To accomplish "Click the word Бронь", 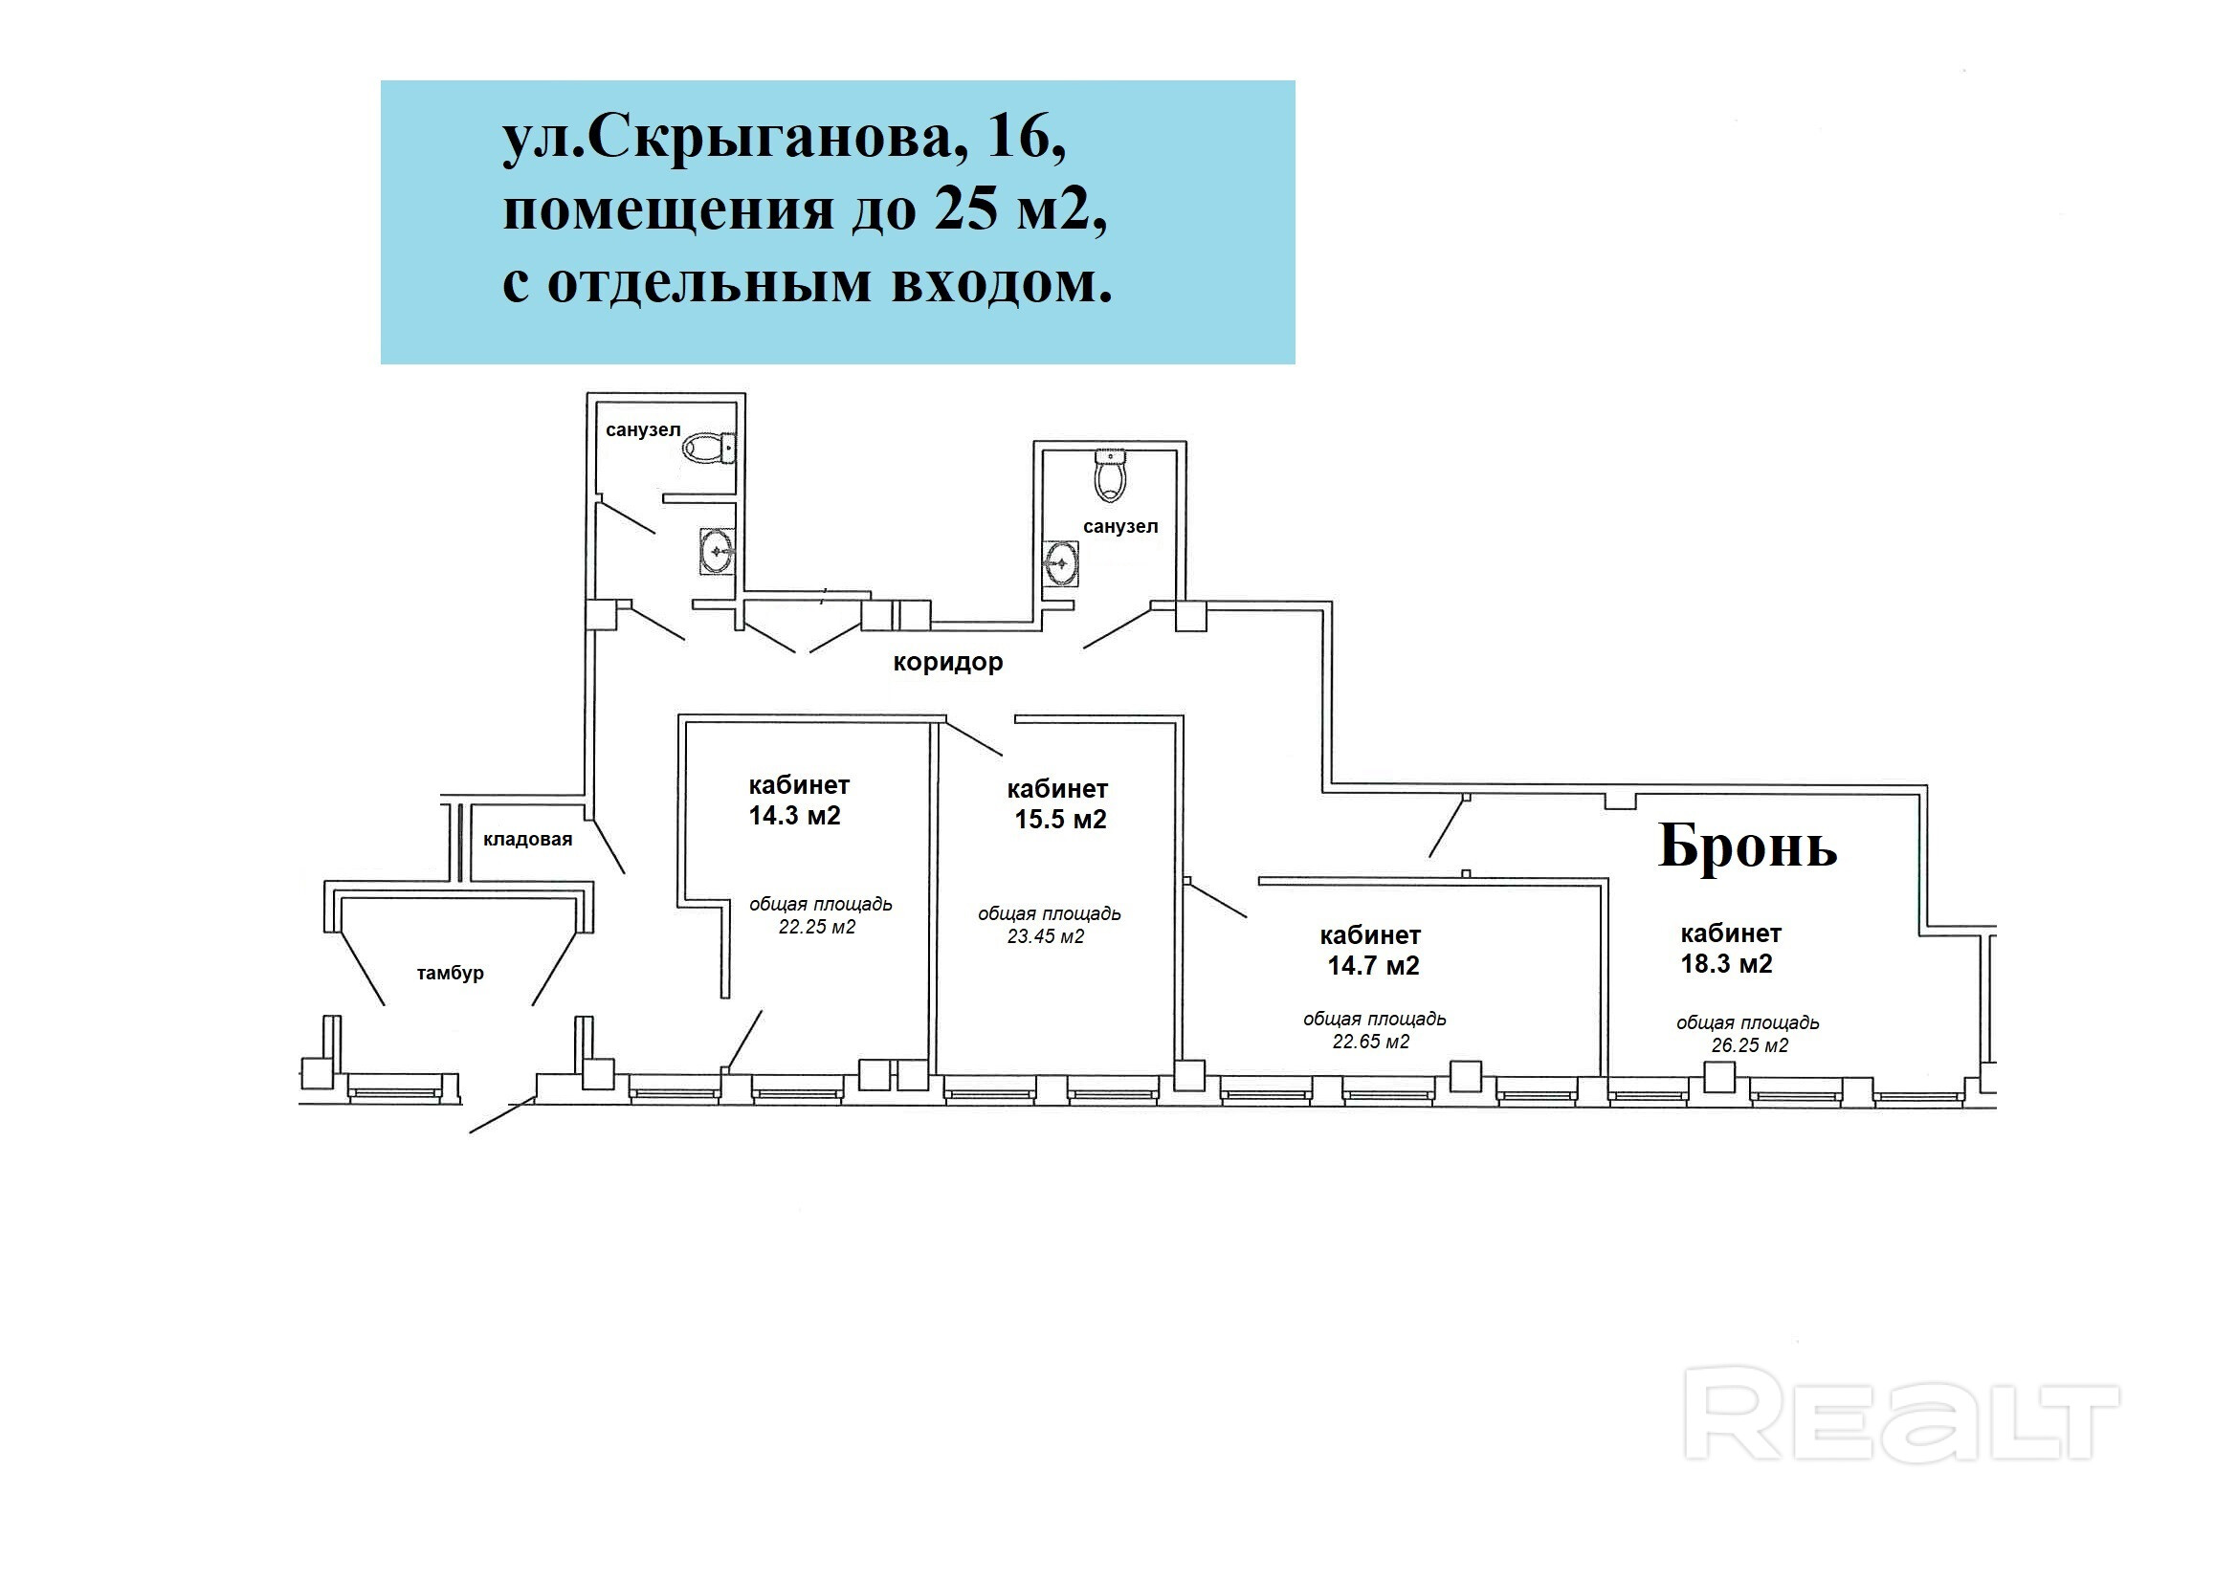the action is [1747, 845].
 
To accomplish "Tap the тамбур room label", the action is [450, 973].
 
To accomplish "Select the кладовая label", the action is [527, 839].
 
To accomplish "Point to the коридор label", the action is [948, 663].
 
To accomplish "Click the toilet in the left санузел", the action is [709, 449].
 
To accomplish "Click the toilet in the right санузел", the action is [1111, 474].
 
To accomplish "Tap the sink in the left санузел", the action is [717, 552].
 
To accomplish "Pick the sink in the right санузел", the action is [1060, 563].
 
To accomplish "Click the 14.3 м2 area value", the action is [794, 815].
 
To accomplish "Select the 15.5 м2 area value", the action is [1060, 820].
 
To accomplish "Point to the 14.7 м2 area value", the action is [1373, 965].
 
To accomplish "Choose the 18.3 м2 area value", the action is [1726, 963].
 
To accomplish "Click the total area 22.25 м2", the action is [816, 927].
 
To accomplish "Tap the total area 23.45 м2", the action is [1046, 936].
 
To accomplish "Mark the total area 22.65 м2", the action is [1371, 1042].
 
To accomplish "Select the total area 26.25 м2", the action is [1750, 1045].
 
